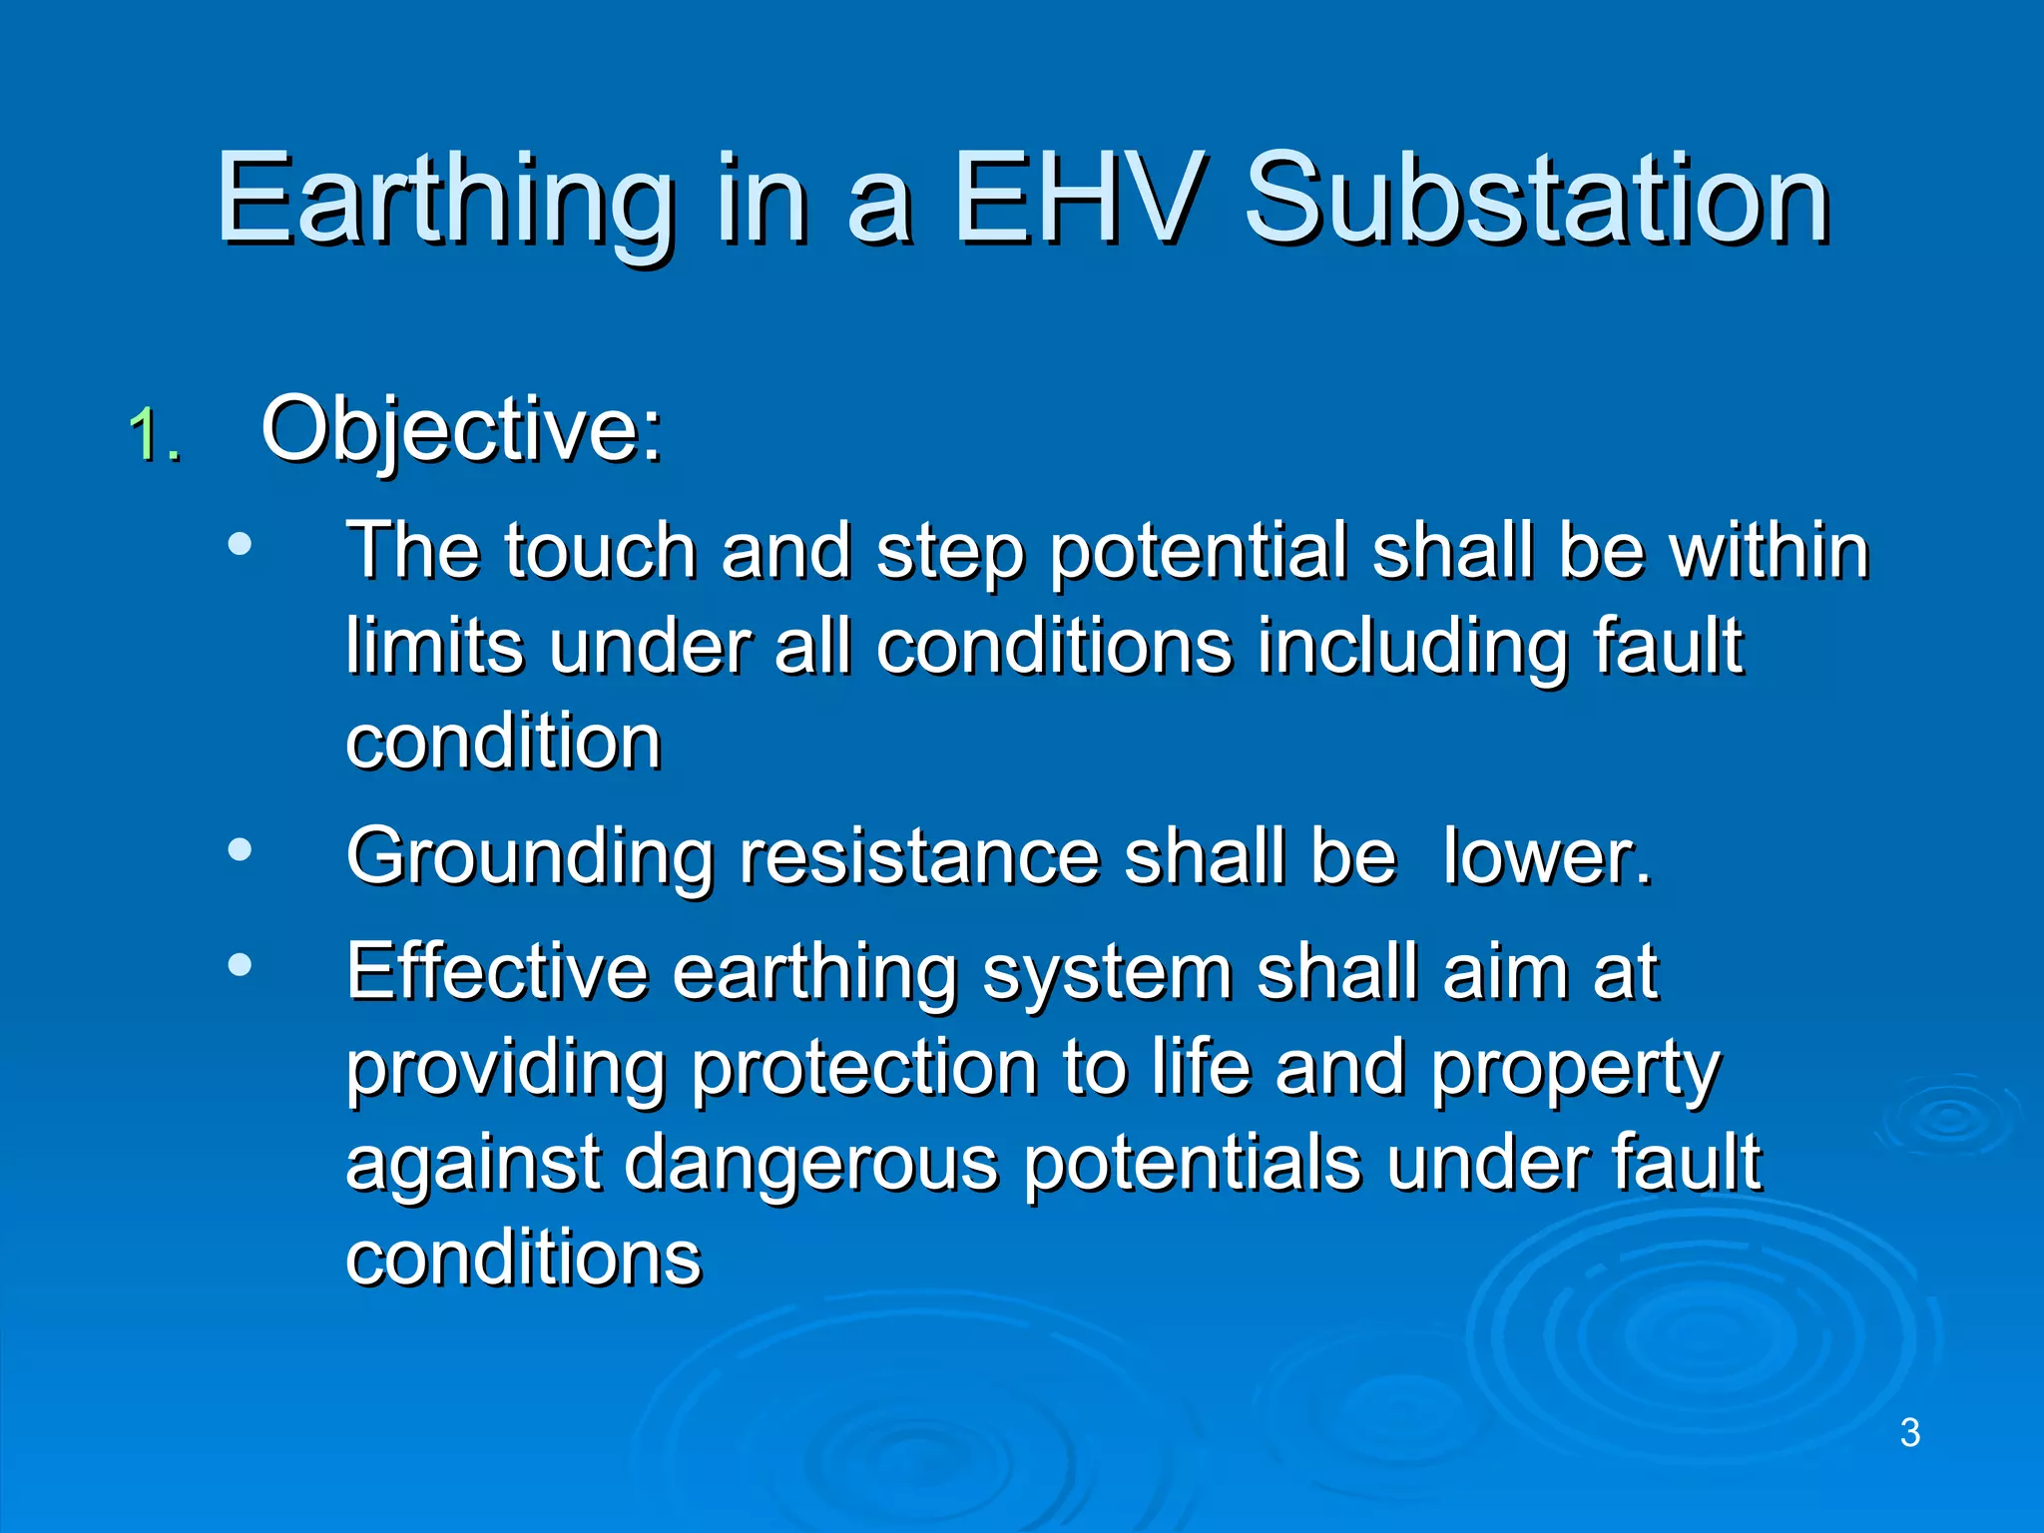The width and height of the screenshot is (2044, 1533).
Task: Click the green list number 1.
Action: [x=152, y=436]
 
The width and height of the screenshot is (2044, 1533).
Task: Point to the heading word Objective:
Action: [x=461, y=431]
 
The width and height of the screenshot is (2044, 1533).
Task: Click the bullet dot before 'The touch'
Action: [x=240, y=545]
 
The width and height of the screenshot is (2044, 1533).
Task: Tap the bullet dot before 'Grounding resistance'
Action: [x=240, y=850]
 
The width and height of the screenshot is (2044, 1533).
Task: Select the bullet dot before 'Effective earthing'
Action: [x=240, y=965]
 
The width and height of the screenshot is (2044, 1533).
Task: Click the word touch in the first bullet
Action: [x=600, y=552]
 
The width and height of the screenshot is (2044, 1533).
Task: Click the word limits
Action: [x=434, y=647]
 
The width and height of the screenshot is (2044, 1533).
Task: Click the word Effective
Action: [x=496, y=972]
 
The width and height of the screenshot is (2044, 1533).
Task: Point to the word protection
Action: [x=864, y=1069]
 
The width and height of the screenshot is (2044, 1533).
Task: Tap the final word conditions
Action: [x=523, y=1258]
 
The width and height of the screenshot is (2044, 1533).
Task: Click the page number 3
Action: [x=1909, y=1433]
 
